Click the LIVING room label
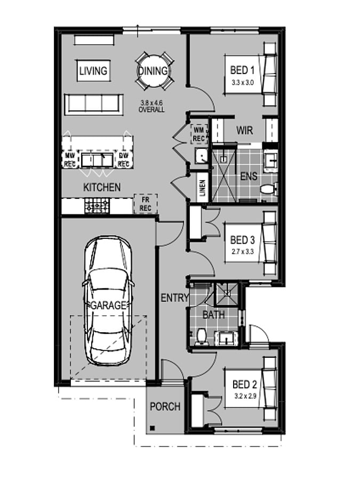pyautogui.click(x=93, y=71)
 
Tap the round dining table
pyautogui.click(x=153, y=71)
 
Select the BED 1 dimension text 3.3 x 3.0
pyautogui.click(x=243, y=82)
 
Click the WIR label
pyautogui.click(x=245, y=131)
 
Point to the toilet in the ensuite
pyautogui.click(x=268, y=189)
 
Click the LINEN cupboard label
pyautogui.click(x=203, y=188)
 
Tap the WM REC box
pyautogui.click(x=199, y=134)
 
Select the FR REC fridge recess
pyautogui.click(x=146, y=204)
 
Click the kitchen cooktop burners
pyautogui.click(x=97, y=206)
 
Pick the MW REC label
pyautogui.click(x=70, y=160)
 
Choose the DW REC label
pyautogui.click(x=123, y=160)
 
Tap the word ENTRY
pyautogui.click(x=175, y=298)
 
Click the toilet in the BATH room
pyautogui.click(x=202, y=337)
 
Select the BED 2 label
pyautogui.click(x=245, y=384)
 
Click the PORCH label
pyautogui.click(x=165, y=406)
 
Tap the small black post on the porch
pyautogui.click(x=152, y=428)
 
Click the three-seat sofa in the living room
pyautogui.click(x=94, y=105)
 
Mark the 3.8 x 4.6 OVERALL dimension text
pyautogui.click(x=151, y=107)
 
